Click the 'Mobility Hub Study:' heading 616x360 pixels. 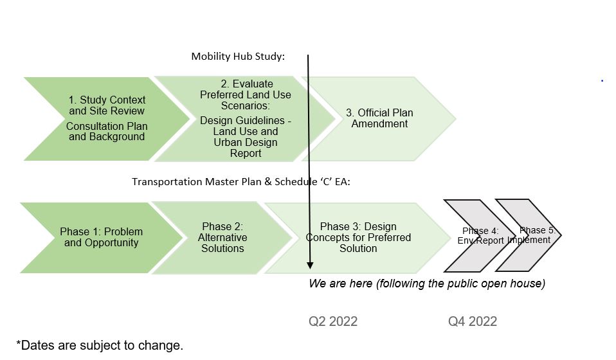click(x=238, y=57)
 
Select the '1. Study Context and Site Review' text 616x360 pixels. click(x=107, y=105)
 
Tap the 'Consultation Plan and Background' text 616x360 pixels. click(x=107, y=132)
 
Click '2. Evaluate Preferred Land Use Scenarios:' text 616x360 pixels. click(x=246, y=94)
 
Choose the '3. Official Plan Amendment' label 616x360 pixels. click(x=379, y=118)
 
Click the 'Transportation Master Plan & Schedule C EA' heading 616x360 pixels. click(x=241, y=182)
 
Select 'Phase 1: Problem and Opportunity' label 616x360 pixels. click(x=102, y=237)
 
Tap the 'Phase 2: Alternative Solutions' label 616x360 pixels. click(x=222, y=237)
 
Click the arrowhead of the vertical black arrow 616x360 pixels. click(x=310, y=265)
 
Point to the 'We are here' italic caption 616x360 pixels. click(x=427, y=283)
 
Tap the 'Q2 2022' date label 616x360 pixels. click(x=333, y=321)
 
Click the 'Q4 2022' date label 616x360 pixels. click(x=473, y=321)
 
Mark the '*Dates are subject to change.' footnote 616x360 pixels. click(x=100, y=345)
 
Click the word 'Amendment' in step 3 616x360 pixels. click(x=379, y=123)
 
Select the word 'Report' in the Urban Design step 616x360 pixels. click(x=246, y=154)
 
